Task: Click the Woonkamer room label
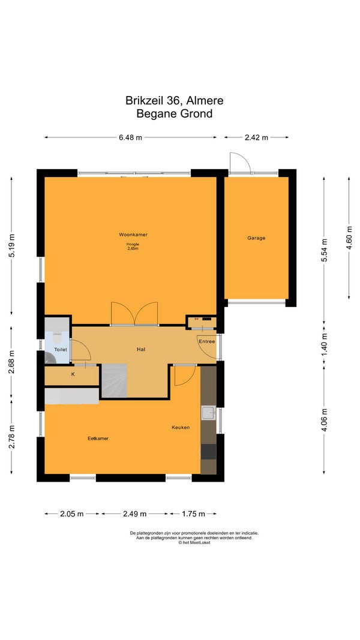pos(133,235)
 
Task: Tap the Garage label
pos(256,238)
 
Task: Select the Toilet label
pos(61,349)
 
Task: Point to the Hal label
pos(141,349)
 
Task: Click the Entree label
pos(206,341)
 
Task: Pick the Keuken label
pos(181,427)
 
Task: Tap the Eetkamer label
pos(98,438)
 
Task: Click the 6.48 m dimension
pos(131,137)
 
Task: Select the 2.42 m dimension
pos(256,137)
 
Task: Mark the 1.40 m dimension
pos(325,344)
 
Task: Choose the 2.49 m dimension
pos(134,514)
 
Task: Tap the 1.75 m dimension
pos(193,514)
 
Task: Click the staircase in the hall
pos(114,381)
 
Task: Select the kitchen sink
pos(208,413)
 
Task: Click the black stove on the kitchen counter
pos(208,452)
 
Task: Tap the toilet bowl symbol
pos(57,338)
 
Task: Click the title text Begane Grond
pos(174,113)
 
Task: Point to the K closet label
pos(73,374)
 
